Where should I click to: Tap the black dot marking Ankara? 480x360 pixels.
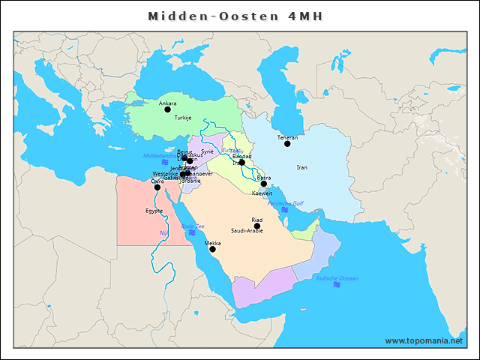click(x=168, y=109)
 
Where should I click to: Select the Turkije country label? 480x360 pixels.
click(x=183, y=118)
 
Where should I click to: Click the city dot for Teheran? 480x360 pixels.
click(x=287, y=144)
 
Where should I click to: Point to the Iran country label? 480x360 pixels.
click(x=302, y=167)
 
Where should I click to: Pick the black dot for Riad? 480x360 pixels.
click(x=257, y=226)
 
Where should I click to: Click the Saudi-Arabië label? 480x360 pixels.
click(x=247, y=231)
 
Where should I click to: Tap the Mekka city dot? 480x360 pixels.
click(x=213, y=250)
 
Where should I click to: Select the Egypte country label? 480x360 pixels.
click(x=154, y=211)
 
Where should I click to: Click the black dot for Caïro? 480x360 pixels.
click(x=157, y=187)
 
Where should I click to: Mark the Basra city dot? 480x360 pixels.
click(x=264, y=184)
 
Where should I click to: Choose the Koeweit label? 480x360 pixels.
click(x=262, y=193)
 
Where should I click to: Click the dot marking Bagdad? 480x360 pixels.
click(x=242, y=162)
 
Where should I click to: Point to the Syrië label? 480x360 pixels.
click(x=208, y=151)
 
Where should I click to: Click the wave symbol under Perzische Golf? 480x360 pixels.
click(x=284, y=210)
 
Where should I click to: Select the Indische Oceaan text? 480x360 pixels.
click(x=337, y=278)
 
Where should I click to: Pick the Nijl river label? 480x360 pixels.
click(x=163, y=233)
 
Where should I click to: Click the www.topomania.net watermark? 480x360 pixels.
click(x=424, y=340)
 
